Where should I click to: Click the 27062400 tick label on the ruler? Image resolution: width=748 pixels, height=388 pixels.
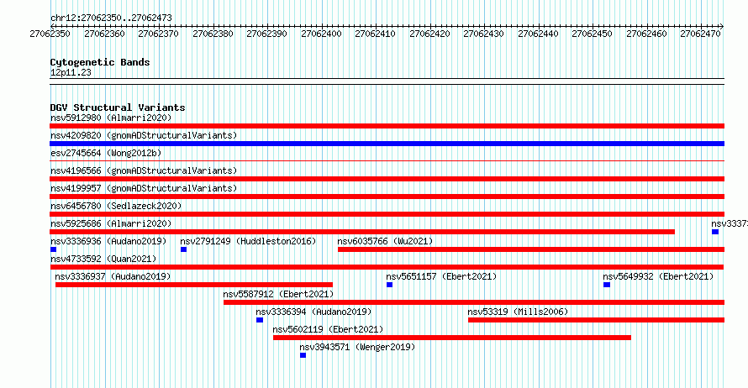pos(322,34)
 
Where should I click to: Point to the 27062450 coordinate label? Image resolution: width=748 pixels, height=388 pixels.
pos(592,34)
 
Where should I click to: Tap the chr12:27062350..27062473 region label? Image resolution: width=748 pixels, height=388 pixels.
pos(111,18)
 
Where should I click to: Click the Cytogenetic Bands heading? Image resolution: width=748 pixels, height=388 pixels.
pos(100,62)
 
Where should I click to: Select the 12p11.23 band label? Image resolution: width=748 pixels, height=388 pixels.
pos(71,72)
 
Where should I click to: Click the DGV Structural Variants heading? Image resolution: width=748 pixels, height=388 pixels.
pos(118,107)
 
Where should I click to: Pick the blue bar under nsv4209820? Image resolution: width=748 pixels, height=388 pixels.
pos(387,144)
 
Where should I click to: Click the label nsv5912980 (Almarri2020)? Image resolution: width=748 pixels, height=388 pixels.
pos(111,118)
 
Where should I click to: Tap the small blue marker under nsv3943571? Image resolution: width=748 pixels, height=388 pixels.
pos(303,355)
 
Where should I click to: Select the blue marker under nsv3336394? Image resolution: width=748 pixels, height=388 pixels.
pos(260,320)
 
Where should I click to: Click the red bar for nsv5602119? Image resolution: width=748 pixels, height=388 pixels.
pos(452,338)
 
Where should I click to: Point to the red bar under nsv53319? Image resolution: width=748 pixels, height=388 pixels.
pos(596,320)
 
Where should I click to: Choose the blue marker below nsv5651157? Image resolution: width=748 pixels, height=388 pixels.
pos(389,285)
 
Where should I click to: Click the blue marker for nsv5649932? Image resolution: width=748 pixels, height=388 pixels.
pos(606,285)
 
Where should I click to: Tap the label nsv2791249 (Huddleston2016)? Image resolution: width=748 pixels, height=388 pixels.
pos(248,241)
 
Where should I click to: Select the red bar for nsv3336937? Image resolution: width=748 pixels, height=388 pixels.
pos(193,285)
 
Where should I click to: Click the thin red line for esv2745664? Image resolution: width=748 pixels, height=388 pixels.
pos(387,161)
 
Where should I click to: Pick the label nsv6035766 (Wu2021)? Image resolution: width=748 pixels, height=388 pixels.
pos(385,241)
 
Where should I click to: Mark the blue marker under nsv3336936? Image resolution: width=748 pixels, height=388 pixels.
pos(54,249)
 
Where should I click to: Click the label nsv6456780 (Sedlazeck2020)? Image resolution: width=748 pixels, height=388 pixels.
pos(116,206)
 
